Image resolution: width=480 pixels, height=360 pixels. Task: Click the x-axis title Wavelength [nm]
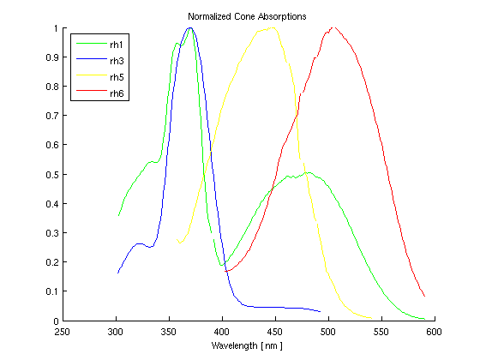[247, 346]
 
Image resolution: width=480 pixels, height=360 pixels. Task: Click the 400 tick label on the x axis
[222, 332]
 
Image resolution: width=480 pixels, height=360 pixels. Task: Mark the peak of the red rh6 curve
[333, 27]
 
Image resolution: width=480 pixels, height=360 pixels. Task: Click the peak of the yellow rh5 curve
[274, 27]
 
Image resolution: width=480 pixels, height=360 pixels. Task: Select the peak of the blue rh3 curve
[190, 27]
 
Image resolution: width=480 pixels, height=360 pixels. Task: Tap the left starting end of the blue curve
[118, 273]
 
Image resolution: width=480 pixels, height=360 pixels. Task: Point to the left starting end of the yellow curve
[178, 242]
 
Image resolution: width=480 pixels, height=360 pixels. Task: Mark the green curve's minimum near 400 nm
[221, 266]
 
